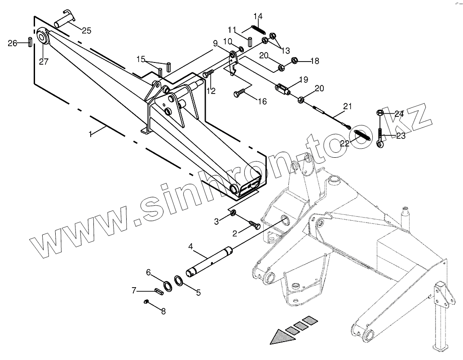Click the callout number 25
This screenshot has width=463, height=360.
click(86, 31)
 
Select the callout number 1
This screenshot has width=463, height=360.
click(91, 134)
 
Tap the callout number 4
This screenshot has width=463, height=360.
click(191, 246)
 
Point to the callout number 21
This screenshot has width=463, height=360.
click(347, 107)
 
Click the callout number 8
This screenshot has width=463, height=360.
click(163, 311)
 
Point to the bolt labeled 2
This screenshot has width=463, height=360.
click(253, 224)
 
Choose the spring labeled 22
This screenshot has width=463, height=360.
click(361, 134)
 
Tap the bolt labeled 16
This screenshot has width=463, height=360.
click(239, 93)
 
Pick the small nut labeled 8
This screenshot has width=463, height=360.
click(146, 302)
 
